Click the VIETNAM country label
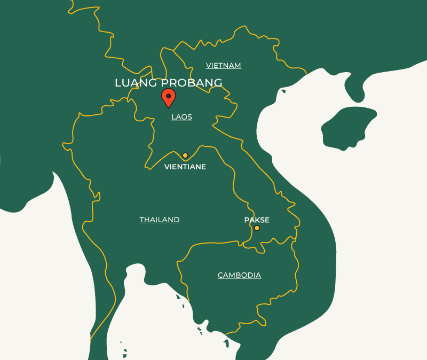224,65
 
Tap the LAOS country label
181,116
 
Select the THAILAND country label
160,220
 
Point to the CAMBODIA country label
239,275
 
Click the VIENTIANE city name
185,167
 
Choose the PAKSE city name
257,220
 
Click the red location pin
169,98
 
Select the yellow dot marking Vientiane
185,155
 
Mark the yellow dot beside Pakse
257,228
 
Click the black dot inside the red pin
169,96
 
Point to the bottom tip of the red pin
169,107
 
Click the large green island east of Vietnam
347,128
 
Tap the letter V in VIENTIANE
167,167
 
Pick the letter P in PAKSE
247,220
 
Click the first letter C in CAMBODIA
220,275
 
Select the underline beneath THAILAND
160,224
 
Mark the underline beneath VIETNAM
224,69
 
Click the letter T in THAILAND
142,220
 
